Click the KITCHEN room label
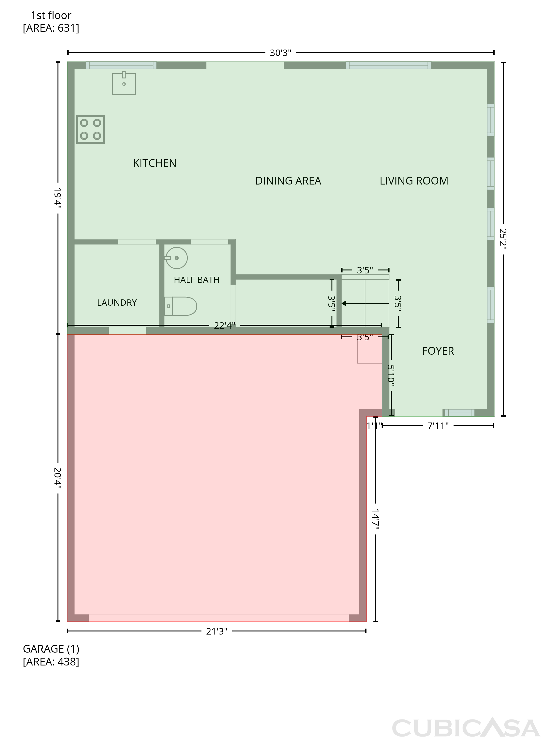click(x=155, y=163)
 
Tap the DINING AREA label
click(x=288, y=181)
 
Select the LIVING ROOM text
click(x=414, y=181)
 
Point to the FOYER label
click(x=438, y=351)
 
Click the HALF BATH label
click(x=197, y=280)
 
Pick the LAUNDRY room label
click(x=117, y=303)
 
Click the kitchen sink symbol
click(x=124, y=83)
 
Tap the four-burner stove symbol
click(x=91, y=129)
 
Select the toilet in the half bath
click(x=181, y=306)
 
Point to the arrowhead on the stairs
click(x=344, y=303)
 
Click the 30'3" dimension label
click(x=281, y=53)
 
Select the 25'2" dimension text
click(x=503, y=239)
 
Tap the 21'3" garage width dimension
click(x=217, y=631)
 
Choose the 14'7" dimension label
click(x=375, y=520)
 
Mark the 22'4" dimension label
click(x=225, y=326)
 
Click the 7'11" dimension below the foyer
click(x=438, y=426)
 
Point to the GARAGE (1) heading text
click(x=51, y=649)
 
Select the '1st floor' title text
click(x=51, y=15)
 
